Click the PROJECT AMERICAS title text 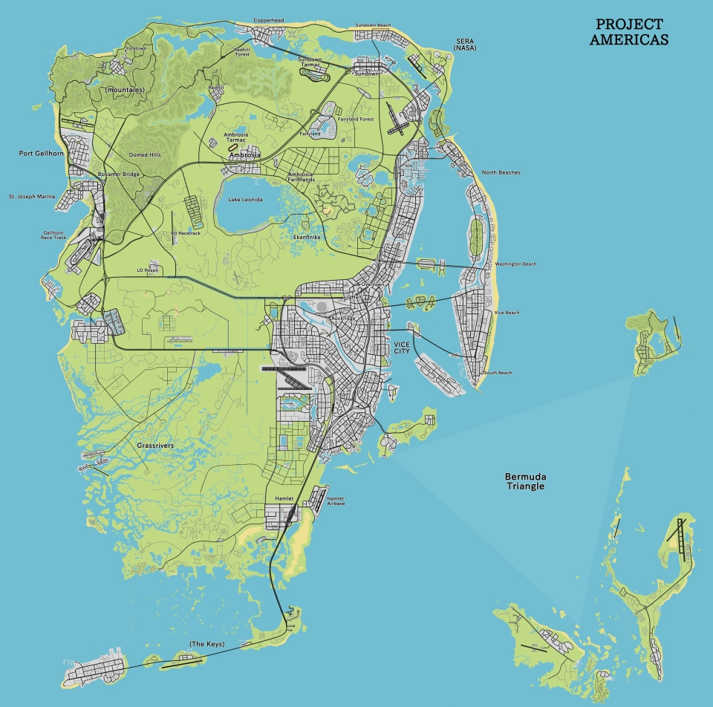629,33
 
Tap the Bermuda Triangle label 524,480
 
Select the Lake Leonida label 245,200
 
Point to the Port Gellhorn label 42,153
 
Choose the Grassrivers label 155,446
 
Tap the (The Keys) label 206,643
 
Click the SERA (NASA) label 464,45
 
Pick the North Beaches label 501,172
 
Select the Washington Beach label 515,264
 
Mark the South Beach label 498,373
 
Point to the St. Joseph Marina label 31,197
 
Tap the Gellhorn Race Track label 54,235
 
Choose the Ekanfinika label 307,236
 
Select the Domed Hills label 145,154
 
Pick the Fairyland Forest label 356,119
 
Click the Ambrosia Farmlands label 301,177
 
